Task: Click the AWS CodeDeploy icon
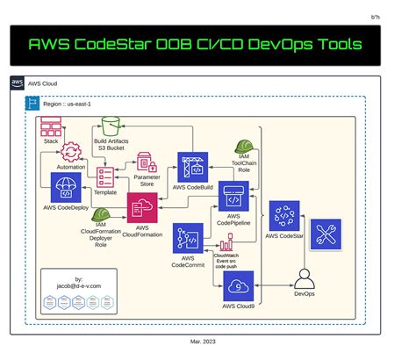(68, 186)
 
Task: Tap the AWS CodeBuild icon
(191, 166)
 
